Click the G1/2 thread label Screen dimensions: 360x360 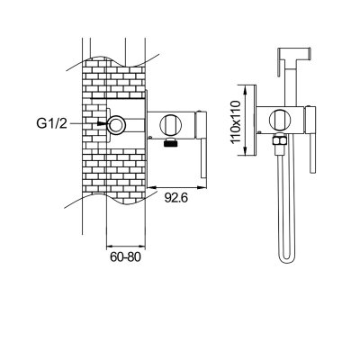pyautogui.click(x=51, y=123)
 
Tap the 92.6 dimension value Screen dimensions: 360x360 pyautogui.click(x=176, y=198)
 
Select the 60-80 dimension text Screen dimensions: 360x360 pyautogui.click(x=125, y=256)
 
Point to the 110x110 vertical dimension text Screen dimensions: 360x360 pyautogui.click(x=237, y=121)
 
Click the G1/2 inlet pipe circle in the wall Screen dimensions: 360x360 pyautogui.click(x=117, y=124)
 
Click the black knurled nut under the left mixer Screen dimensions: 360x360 pyautogui.click(x=170, y=142)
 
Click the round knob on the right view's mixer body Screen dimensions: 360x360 pyautogui.click(x=280, y=119)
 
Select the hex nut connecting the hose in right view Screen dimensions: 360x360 pyautogui.click(x=278, y=140)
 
